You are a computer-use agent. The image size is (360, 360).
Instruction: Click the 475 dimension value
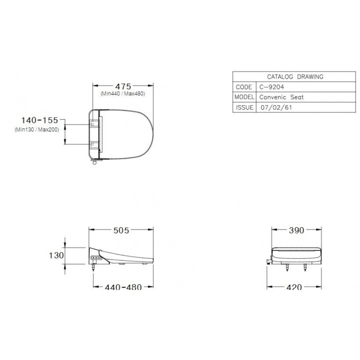(x=123, y=86)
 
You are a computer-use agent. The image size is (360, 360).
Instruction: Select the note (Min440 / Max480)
(x=123, y=94)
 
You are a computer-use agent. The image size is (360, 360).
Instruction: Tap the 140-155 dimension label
(x=40, y=120)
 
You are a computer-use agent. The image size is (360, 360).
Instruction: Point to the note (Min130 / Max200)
(x=37, y=130)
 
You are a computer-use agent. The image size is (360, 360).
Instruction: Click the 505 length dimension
(x=121, y=230)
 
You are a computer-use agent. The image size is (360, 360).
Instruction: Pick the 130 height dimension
(x=56, y=255)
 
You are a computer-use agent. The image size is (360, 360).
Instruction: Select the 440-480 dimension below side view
(x=123, y=287)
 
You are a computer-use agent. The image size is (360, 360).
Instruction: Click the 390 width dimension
(x=296, y=230)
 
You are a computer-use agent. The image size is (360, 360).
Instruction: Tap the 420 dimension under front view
(x=294, y=287)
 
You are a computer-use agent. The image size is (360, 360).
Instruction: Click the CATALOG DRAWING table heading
(x=295, y=77)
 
